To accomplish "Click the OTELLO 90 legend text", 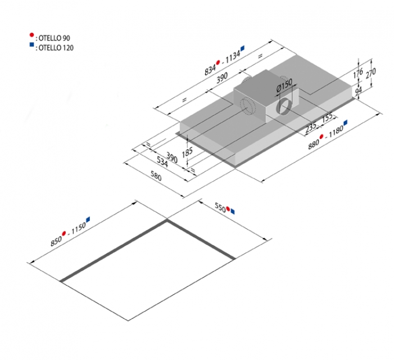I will (55, 38).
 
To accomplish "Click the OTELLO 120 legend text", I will (56, 48).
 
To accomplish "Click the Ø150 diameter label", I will (284, 87).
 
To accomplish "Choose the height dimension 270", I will (372, 72).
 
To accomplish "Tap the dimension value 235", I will (311, 128).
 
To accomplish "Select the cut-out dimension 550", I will (220, 207).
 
